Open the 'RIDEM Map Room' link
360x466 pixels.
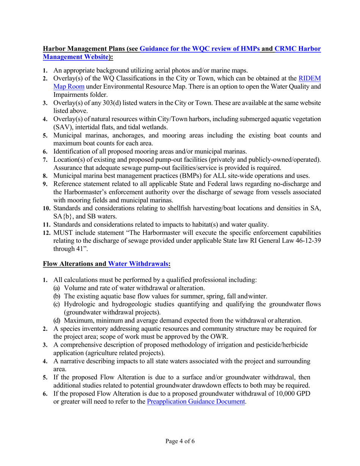click(x=310, y=78)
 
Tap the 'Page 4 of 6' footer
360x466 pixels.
click(x=180, y=441)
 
